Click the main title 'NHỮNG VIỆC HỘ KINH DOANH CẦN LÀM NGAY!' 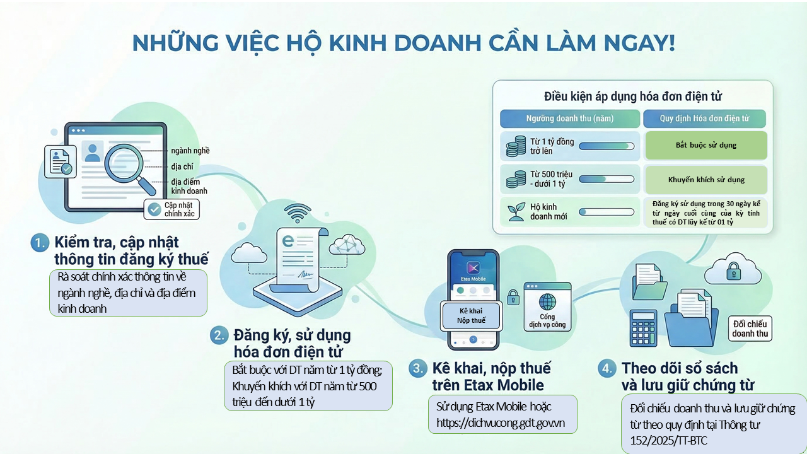click(x=403, y=43)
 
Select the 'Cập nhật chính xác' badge click(x=172, y=209)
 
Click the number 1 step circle click(x=40, y=243)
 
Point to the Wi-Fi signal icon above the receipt click(x=298, y=211)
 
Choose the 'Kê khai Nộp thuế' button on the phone click(x=472, y=316)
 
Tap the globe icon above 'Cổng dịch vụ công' click(x=547, y=300)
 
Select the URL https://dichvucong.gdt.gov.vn click(x=501, y=423)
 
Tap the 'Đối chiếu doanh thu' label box click(x=750, y=329)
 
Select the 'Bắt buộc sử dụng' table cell click(x=705, y=145)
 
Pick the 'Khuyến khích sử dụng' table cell click(x=705, y=180)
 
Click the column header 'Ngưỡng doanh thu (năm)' click(x=569, y=119)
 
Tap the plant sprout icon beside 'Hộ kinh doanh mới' click(x=516, y=211)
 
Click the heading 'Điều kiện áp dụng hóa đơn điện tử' click(x=632, y=96)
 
